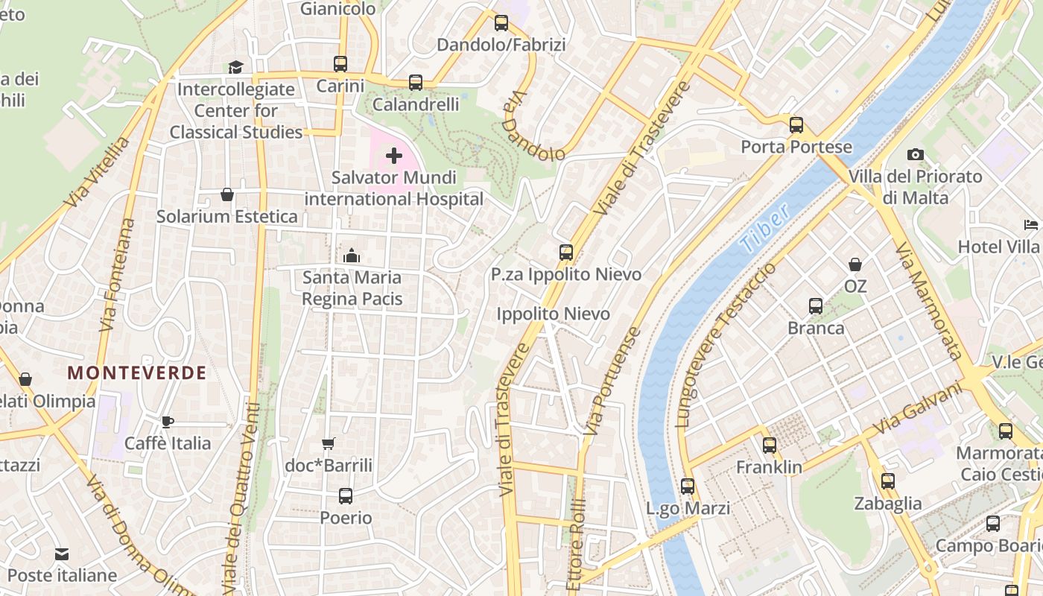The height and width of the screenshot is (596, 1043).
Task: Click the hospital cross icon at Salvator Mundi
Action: click(393, 156)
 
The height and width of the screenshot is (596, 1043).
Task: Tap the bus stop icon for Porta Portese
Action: click(796, 124)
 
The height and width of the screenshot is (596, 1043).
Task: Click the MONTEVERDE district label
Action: click(137, 373)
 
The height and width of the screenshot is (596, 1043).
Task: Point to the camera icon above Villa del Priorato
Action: click(916, 154)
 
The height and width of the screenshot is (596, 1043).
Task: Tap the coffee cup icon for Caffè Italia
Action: click(168, 422)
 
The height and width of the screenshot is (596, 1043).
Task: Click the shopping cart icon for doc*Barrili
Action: click(328, 444)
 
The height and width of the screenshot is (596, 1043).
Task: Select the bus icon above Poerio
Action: click(345, 495)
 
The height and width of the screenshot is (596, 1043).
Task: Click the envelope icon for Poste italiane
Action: click(62, 554)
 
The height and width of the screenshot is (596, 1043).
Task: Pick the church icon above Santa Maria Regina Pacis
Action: click(352, 256)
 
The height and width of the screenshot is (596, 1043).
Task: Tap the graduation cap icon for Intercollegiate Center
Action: click(235, 67)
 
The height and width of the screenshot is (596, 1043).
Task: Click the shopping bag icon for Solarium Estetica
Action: click(227, 194)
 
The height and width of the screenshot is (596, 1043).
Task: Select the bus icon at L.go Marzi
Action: click(688, 486)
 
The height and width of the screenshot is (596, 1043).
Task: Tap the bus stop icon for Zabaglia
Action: click(887, 481)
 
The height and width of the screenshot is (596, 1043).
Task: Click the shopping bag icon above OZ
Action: click(855, 264)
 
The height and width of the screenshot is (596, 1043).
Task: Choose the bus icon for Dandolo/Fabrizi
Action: click(501, 23)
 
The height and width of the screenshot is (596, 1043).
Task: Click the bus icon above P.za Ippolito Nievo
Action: click(566, 252)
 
